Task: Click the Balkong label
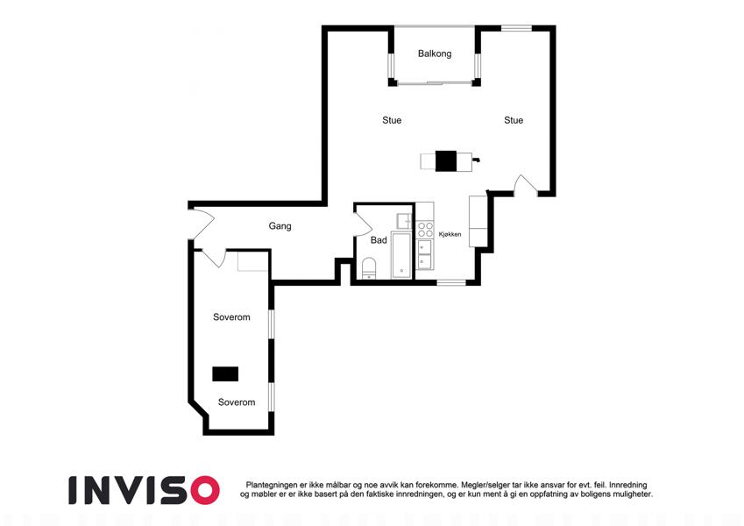tap(434, 53)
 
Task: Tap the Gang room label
tap(280, 226)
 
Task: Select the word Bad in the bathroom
tap(379, 240)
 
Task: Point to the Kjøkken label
tap(450, 234)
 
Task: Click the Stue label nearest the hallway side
tap(392, 121)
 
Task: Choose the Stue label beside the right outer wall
tap(514, 121)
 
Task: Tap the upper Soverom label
tap(231, 317)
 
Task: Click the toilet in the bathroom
tap(369, 267)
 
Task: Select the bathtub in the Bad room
tap(401, 255)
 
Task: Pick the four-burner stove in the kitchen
tap(425, 230)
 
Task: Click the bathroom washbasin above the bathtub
tap(405, 221)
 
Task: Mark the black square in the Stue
tap(446, 161)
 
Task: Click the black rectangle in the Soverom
tap(225, 374)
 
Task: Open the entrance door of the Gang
tap(202, 224)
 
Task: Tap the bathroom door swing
tap(364, 224)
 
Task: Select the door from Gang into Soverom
tap(214, 258)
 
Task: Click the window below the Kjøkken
tap(451, 283)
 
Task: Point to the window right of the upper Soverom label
tap(272, 324)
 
